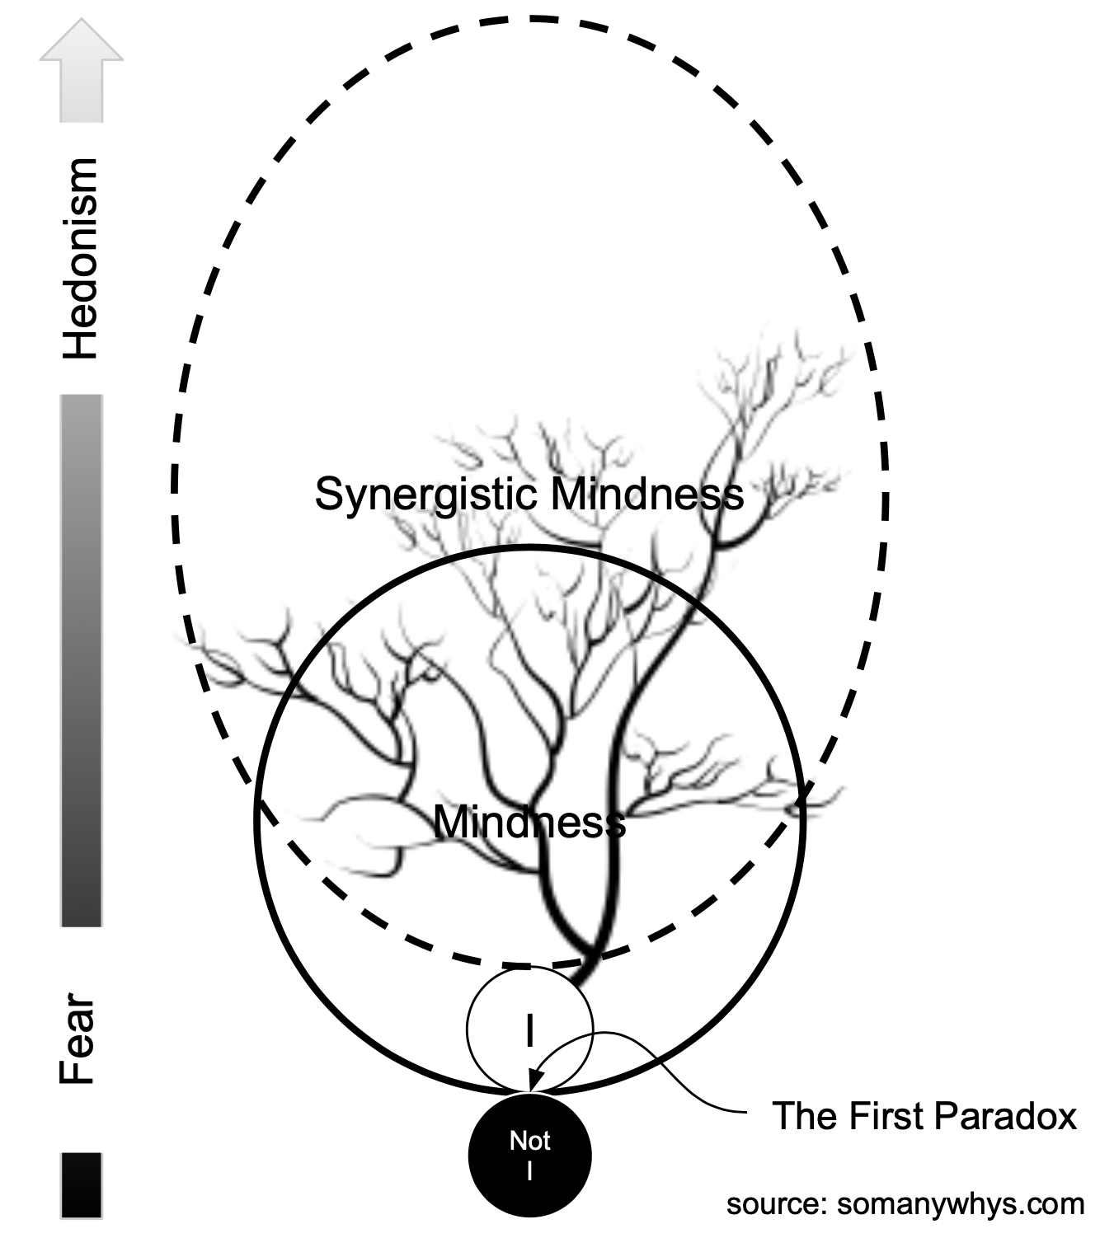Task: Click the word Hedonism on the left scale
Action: pos(82,258)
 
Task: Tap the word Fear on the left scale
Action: pos(79,1040)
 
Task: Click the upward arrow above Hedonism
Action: pos(82,70)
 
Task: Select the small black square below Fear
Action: pos(82,1184)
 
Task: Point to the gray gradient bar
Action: pos(82,659)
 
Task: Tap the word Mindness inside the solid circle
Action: pos(529,821)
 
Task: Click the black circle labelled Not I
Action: pos(529,1154)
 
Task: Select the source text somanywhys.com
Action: pos(961,1204)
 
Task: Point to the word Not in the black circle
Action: pos(529,1141)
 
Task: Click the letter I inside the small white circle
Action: pos(529,1030)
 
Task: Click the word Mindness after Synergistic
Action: pos(648,495)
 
